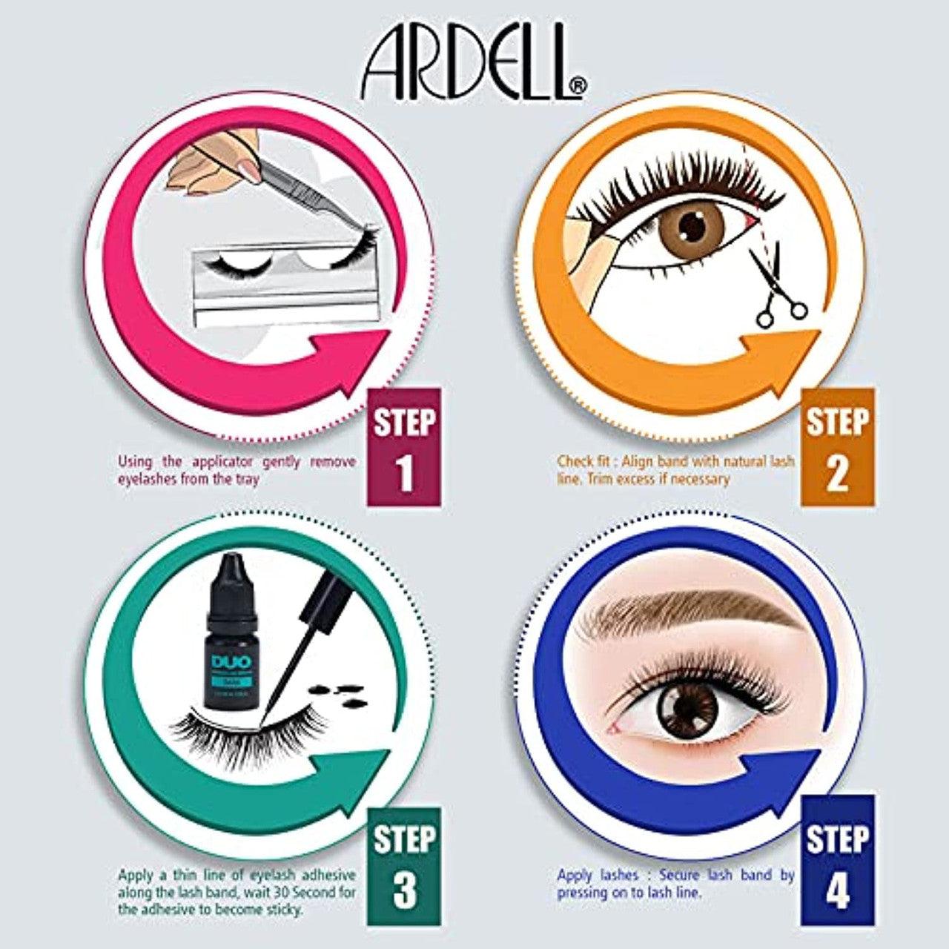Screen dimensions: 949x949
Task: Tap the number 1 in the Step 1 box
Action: pyautogui.click(x=404, y=475)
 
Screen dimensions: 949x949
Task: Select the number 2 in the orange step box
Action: pyautogui.click(x=837, y=474)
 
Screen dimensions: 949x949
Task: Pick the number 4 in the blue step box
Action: pyautogui.click(x=837, y=889)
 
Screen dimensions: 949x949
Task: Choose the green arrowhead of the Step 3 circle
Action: pyautogui.click(x=348, y=771)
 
